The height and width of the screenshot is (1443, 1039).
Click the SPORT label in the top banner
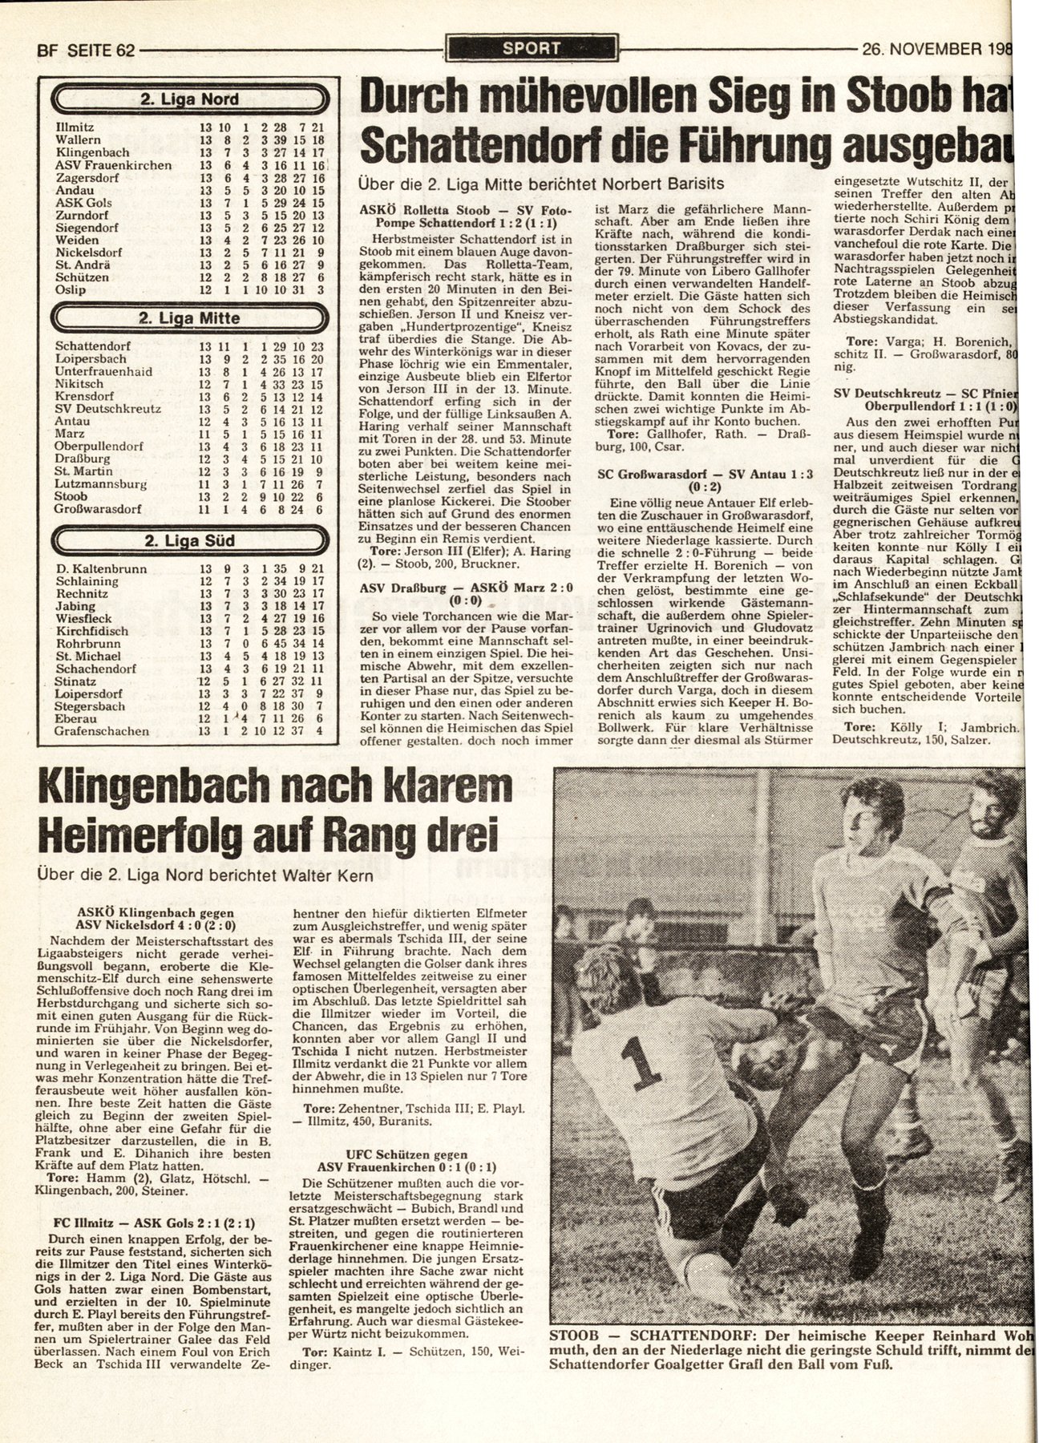pos(532,48)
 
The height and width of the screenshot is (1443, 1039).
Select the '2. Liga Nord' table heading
pos(189,100)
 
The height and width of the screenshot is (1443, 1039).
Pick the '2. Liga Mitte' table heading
pos(189,318)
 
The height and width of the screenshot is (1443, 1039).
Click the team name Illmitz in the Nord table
pos(72,127)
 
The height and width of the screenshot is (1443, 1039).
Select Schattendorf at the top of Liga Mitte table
pos(93,346)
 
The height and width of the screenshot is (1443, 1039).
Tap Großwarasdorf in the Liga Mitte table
pos(98,508)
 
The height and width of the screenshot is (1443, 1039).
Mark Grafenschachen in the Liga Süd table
pos(102,731)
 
